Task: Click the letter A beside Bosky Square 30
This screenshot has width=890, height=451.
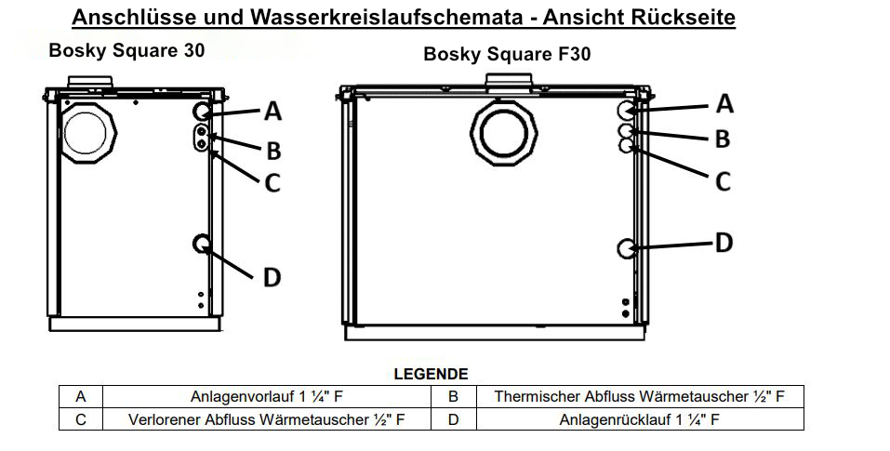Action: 272,112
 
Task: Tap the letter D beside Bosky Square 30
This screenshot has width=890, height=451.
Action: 272,276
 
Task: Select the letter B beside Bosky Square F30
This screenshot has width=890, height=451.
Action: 722,139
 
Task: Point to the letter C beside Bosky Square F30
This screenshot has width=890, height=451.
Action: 722,181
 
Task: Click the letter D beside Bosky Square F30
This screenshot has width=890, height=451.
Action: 723,243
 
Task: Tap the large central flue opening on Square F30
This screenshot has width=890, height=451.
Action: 504,134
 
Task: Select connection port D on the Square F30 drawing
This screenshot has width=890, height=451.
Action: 627,248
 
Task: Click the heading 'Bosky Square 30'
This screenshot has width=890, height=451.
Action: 126,49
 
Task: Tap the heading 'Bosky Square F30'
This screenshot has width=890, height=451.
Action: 507,54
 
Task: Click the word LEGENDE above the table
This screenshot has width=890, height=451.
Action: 431,374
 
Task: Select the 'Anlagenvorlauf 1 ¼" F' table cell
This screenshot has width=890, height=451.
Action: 267,396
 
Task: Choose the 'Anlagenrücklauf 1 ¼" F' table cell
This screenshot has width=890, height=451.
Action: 639,419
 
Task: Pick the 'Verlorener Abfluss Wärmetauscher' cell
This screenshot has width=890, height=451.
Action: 267,419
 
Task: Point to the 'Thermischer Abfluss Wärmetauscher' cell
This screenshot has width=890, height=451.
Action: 639,396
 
